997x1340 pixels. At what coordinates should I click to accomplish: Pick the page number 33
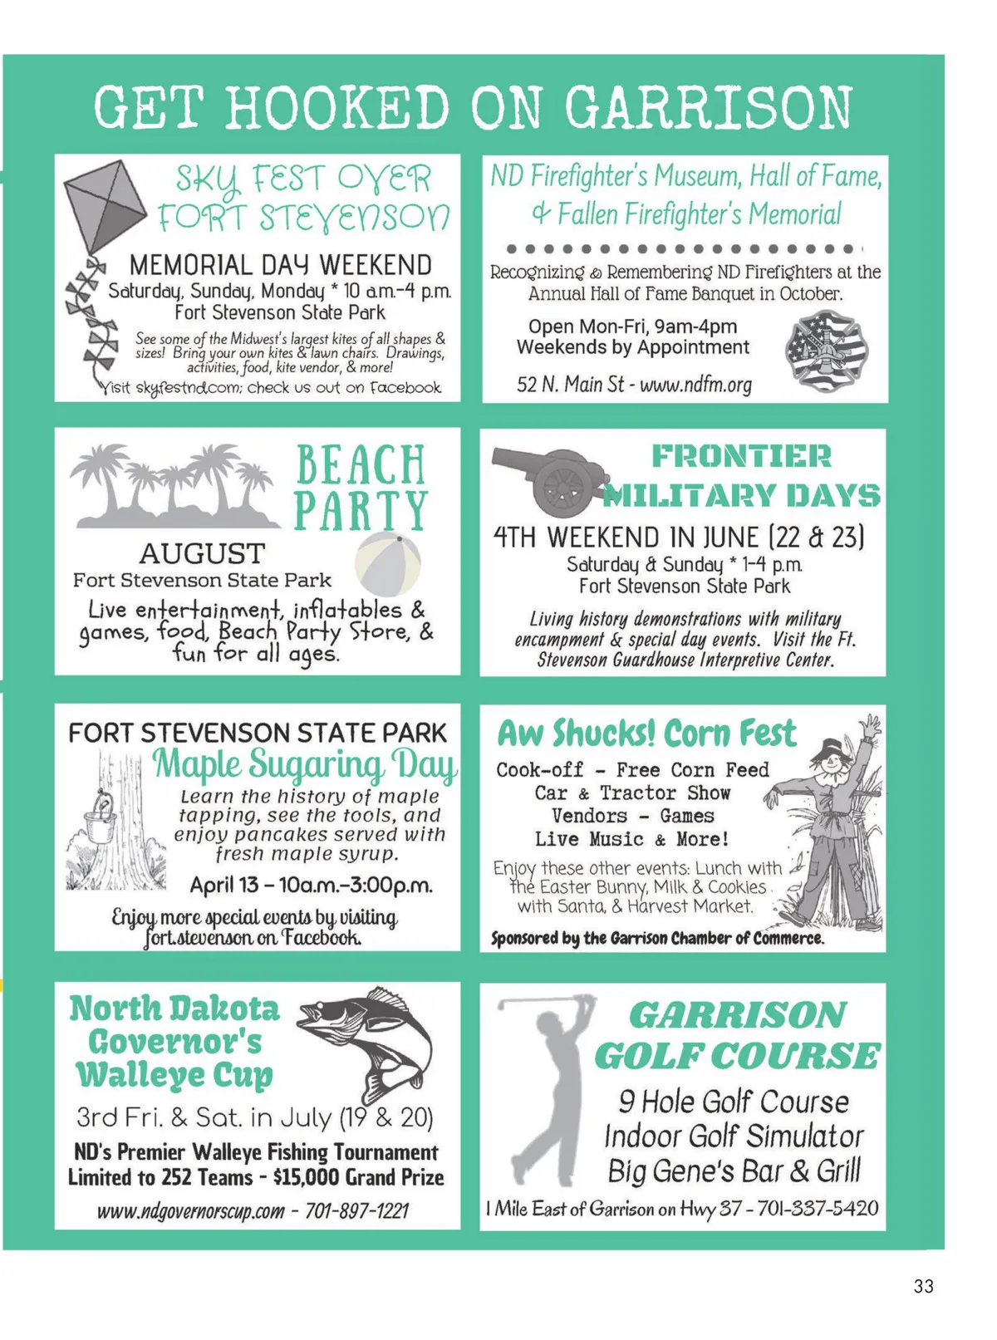point(923,1286)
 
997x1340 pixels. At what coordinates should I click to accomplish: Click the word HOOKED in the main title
point(336,108)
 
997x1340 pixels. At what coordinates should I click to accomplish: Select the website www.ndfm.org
point(695,385)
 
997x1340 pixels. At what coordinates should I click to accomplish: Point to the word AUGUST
point(202,553)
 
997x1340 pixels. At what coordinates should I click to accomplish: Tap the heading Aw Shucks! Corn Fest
point(646,734)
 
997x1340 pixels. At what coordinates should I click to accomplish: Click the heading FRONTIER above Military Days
point(741,456)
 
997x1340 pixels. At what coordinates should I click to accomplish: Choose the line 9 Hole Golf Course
point(734,1102)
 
